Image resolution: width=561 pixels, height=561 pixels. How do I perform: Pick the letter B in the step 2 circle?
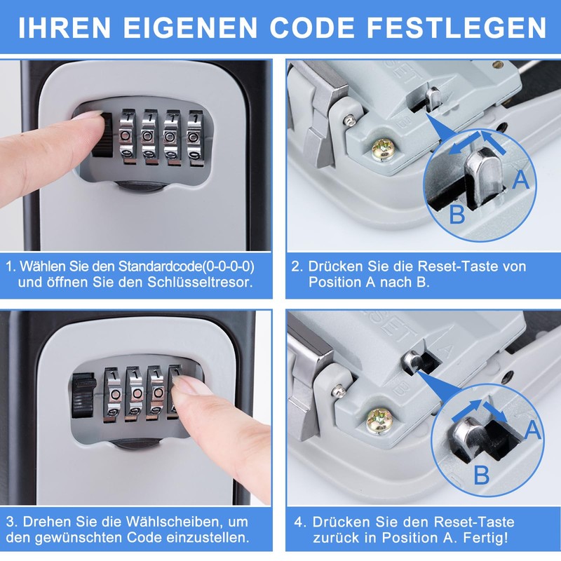[457, 214]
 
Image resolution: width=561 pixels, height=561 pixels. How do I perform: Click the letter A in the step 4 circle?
[532, 429]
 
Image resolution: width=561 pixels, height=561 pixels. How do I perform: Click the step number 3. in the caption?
[11, 522]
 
